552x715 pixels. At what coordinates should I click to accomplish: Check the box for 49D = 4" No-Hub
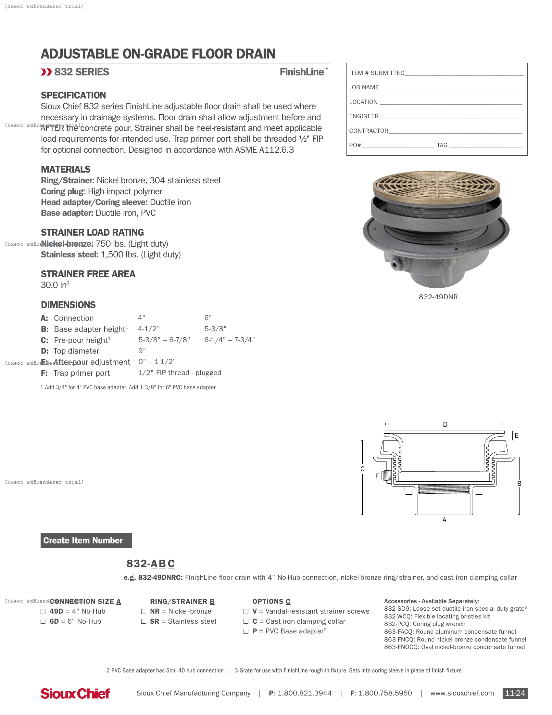(43, 611)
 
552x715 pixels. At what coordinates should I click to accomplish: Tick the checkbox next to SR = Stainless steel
(144, 621)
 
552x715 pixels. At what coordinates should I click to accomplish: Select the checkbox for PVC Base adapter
(246, 631)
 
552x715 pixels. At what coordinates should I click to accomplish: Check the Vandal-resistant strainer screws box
(246, 611)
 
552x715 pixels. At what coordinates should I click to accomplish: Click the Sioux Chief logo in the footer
(75, 693)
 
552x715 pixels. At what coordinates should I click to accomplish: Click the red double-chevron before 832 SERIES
(46, 72)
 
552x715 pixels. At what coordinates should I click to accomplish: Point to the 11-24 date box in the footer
(515, 693)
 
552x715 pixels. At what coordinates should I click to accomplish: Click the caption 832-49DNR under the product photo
(438, 297)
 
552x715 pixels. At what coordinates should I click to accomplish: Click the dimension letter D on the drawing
(445, 424)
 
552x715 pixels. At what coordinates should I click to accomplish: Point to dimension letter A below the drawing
(444, 520)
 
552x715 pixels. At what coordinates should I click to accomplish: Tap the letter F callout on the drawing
(377, 476)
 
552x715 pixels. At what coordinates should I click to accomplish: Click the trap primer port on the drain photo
(395, 264)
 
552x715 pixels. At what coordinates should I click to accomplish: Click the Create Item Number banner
(86, 540)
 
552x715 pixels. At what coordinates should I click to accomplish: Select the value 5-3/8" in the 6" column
(215, 329)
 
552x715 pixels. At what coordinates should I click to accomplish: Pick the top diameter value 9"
(142, 351)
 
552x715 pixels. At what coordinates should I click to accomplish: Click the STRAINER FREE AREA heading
(88, 274)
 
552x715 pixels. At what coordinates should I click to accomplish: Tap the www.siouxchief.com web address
(462, 693)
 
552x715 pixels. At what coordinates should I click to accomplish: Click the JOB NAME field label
(364, 87)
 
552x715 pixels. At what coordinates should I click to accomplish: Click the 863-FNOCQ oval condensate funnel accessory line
(454, 647)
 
